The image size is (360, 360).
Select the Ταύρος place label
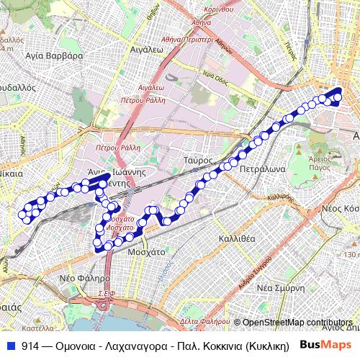[197, 160]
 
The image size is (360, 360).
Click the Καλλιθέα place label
[235, 238]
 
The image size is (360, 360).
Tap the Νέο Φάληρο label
[85, 277]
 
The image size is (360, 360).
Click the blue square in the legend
[11, 345]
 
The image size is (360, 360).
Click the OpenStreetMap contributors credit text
[297, 323]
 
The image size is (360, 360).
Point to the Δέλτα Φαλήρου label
[200, 321]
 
